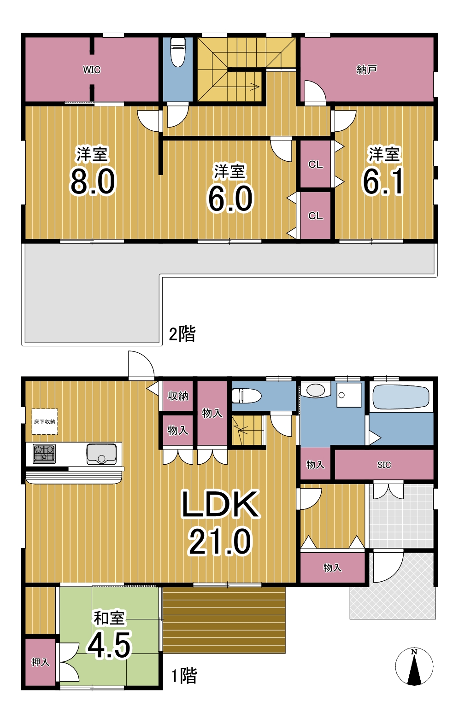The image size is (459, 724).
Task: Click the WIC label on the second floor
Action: [x=92, y=70]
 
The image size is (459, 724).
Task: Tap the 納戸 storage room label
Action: [x=367, y=70]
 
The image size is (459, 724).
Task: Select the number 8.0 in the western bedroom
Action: [x=93, y=181]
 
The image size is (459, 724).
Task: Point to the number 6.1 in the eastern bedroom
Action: [x=383, y=181]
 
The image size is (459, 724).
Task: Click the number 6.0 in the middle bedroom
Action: [x=230, y=199]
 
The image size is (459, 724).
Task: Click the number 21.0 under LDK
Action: [x=220, y=541]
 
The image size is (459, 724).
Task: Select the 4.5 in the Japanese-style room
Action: [x=109, y=645]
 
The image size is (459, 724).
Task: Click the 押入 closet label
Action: [x=41, y=662]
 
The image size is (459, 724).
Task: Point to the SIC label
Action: [x=384, y=465]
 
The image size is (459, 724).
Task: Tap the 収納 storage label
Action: [x=177, y=396]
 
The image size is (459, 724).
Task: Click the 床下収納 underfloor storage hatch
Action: [x=45, y=421]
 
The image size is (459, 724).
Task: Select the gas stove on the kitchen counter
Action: [x=44, y=454]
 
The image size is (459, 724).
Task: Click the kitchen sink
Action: [x=101, y=454]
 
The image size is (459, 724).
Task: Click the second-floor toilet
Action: [x=177, y=52]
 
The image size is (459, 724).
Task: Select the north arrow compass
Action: [x=414, y=666]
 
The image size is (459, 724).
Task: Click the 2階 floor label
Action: [x=182, y=334]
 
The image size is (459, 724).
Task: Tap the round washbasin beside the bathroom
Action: [x=315, y=390]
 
